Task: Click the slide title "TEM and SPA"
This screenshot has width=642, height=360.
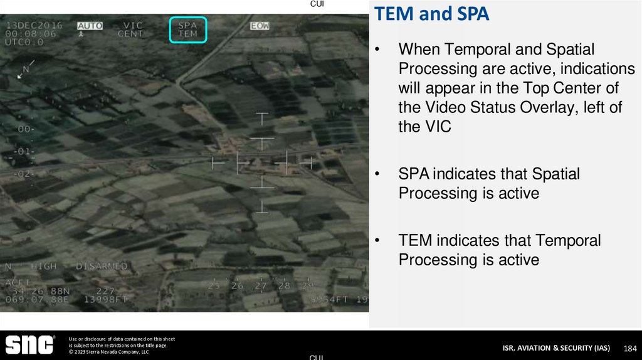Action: point(432,14)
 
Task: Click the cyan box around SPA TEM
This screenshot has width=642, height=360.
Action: point(188,29)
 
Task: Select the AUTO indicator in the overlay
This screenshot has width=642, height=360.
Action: point(90,26)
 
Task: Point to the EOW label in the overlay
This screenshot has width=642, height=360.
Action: point(260,26)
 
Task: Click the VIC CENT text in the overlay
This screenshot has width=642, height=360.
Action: point(130,29)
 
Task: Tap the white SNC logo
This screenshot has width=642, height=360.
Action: point(29,345)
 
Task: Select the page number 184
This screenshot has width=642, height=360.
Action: point(630,348)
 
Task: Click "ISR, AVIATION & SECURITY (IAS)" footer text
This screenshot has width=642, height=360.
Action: point(555,348)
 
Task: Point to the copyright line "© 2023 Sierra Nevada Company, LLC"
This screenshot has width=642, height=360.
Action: point(108,352)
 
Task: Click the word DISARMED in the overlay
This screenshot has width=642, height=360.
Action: point(102,267)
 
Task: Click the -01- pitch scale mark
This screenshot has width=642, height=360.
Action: point(24,151)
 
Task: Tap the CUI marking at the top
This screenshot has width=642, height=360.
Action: point(317,4)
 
